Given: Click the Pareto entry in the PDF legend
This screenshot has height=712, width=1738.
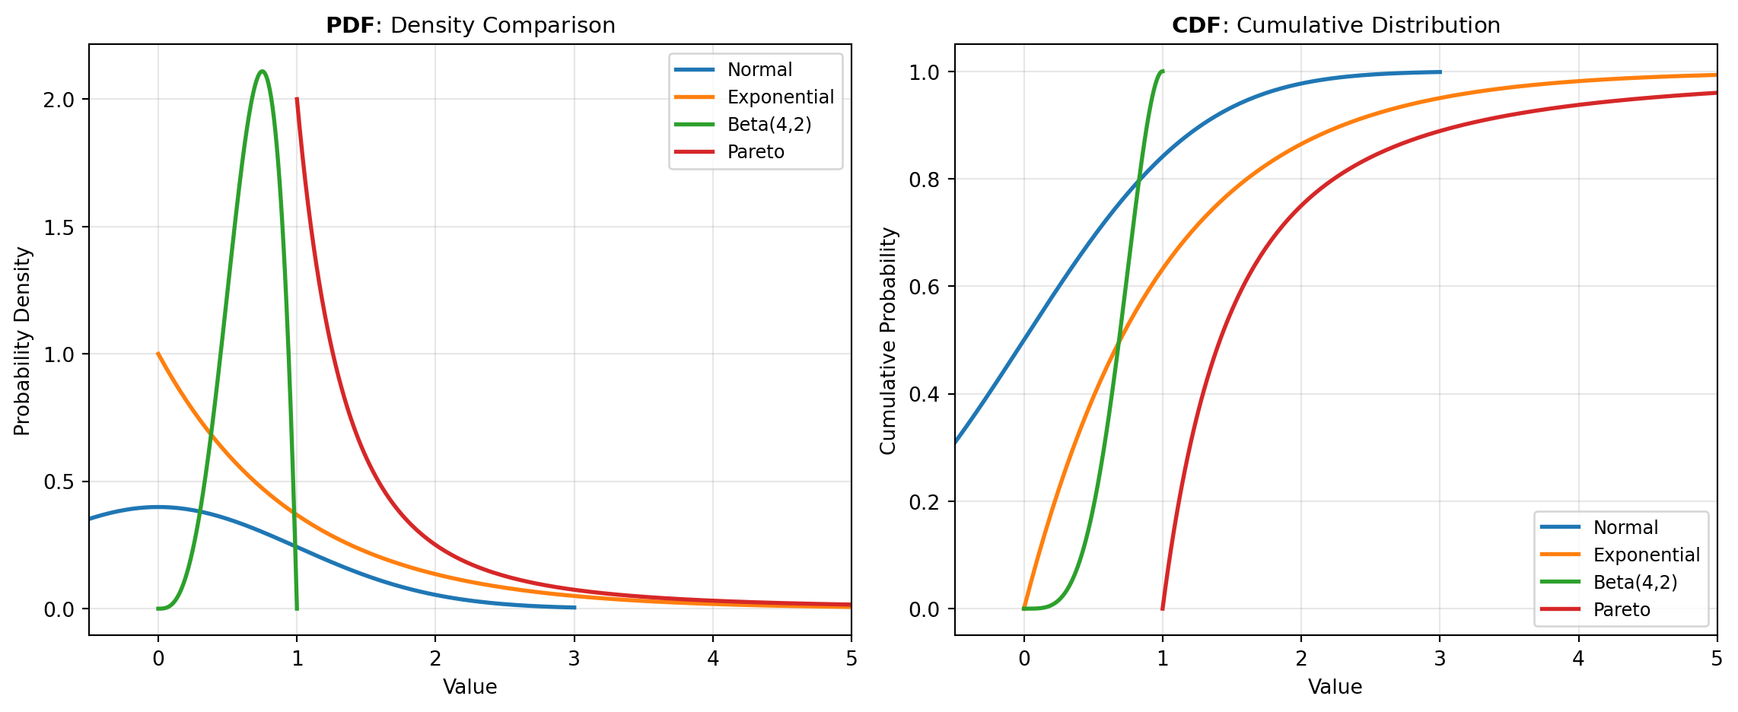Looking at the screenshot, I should click(x=755, y=152).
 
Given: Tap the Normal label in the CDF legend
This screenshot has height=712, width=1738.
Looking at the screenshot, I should click(x=1625, y=528).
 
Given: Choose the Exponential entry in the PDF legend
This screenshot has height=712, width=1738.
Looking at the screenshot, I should click(x=780, y=97).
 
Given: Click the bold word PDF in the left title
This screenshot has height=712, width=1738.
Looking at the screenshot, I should click(x=350, y=26).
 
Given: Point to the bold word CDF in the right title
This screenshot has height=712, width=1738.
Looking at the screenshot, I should click(x=1196, y=26).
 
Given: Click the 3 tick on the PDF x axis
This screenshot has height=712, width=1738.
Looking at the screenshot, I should click(x=574, y=659).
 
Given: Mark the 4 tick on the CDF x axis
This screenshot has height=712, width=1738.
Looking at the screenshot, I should click(x=1578, y=659).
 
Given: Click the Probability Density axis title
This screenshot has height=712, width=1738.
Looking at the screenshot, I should click(x=23, y=342).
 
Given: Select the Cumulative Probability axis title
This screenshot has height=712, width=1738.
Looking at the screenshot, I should click(x=888, y=342).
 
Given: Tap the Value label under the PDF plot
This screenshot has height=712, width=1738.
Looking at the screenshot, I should click(x=470, y=688).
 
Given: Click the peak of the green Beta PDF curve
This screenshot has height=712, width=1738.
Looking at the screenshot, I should click(x=263, y=72).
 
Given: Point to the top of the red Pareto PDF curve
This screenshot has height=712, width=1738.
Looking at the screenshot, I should click(x=297, y=99).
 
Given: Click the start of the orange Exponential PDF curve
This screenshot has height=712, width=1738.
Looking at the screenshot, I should click(x=158, y=354).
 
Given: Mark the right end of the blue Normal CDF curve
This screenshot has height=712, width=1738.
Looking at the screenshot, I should click(x=1440, y=72).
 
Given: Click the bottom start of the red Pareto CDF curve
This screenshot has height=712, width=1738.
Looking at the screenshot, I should click(x=1163, y=609).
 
